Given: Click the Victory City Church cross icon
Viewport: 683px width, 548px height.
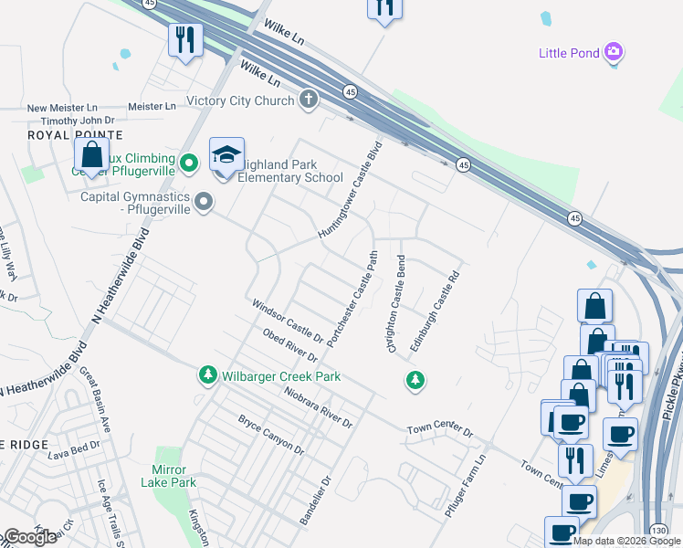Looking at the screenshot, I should (x=309, y=100).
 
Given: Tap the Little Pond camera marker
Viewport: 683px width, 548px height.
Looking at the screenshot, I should (x=615, y=52).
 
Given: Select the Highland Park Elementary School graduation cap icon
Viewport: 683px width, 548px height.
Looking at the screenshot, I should (x=226, y=154).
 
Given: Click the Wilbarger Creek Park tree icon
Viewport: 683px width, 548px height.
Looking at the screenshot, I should (x=208, y=375).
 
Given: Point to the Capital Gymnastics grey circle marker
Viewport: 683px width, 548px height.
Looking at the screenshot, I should (x=203, y=201).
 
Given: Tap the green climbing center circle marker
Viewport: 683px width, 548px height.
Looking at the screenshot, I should (x=189, y=164).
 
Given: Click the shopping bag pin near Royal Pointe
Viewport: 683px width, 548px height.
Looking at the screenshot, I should (x=91, y=153).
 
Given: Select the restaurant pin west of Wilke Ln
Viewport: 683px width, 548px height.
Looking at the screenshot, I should (x=184, y=39).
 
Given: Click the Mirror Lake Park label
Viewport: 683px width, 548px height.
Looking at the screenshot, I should (x=173, y=476).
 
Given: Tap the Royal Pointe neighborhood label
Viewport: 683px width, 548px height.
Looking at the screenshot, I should (x=37, y=134).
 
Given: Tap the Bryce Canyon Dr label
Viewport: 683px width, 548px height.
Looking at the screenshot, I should (x=271, y=434).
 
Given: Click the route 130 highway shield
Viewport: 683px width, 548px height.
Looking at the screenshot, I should (x=659, y=529).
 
